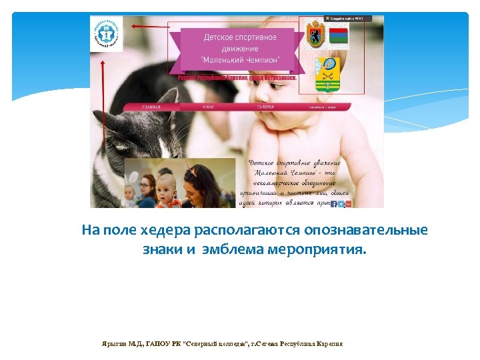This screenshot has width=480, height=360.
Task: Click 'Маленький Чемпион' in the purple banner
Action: [x=241, y=59]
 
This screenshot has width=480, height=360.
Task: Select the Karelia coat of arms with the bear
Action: [x=314, y=34]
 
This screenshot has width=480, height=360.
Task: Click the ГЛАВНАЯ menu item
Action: [x=151, y=107]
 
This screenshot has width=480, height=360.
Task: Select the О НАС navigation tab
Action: [x=208, y=107]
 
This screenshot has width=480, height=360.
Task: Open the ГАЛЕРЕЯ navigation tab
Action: [x=265, y=107]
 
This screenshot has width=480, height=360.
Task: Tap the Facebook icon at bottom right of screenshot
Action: [x=334, y=204]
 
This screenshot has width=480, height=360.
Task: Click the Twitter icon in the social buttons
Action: [x=341, y=204]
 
